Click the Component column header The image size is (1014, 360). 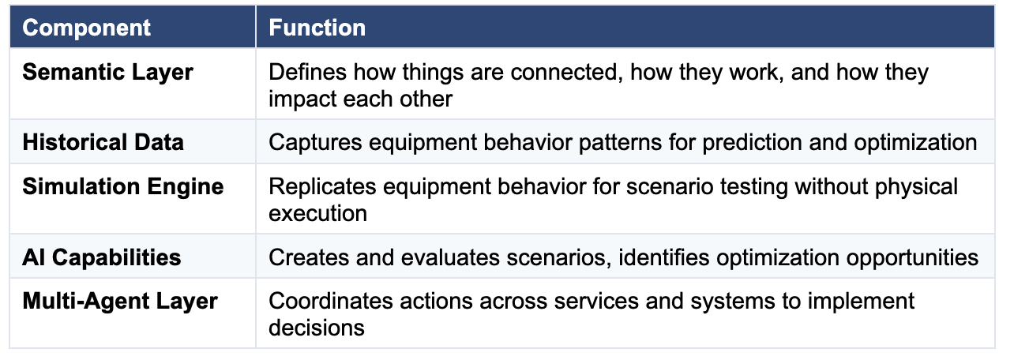pos(86,28)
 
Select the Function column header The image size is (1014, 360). pos(317,28)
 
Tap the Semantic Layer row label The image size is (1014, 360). pos(107,73)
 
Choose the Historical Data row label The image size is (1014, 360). pos(103,142)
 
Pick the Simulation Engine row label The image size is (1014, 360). pos(123,187)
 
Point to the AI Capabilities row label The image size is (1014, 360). pos(101,258)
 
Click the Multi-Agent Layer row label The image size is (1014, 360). pos(120,302)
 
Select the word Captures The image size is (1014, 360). pos(316,142)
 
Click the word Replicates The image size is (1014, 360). pos(322,187)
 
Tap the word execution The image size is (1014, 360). pos(317,213)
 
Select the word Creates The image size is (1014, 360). pos(309,258)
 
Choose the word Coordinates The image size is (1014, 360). pos(330,302)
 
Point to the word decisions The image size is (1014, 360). pos(317,328)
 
